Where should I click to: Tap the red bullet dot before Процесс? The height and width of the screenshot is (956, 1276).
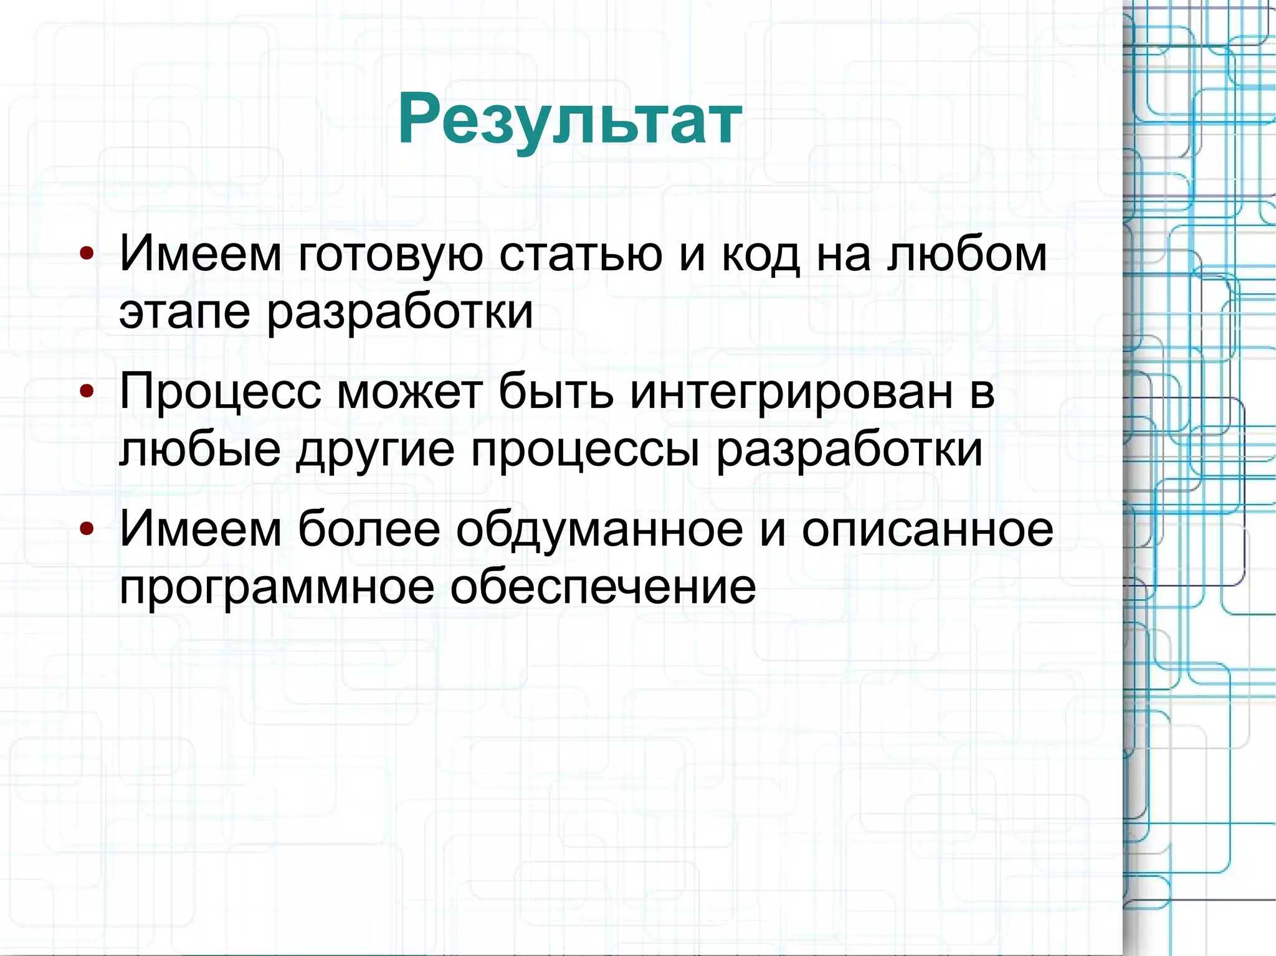[87, 391]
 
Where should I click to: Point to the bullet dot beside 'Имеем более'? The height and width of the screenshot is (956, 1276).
[87, 529]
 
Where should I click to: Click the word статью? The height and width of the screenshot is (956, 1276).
[580, 254]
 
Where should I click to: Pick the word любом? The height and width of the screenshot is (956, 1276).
[966, 254]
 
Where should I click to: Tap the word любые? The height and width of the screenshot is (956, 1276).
[199, 450]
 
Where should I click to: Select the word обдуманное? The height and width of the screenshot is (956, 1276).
[599, 530]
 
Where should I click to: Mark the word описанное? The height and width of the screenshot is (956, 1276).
[927, 530]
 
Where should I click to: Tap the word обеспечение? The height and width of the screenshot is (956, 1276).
[603, 587]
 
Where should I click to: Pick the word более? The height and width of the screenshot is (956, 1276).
[369, 529]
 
